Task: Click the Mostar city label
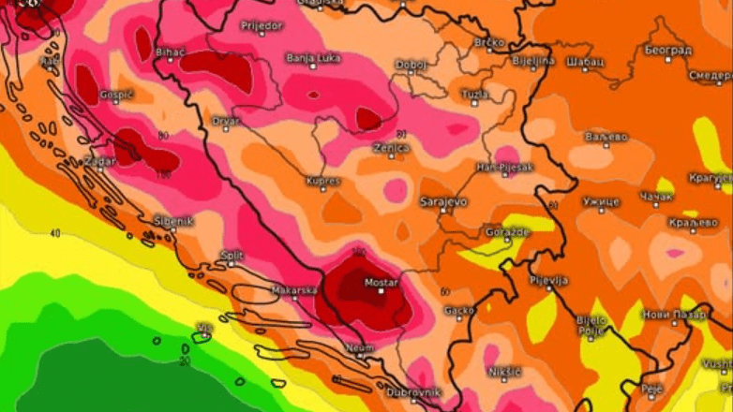point(381,282)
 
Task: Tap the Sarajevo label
point(442,201)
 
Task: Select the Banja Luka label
point(313,58)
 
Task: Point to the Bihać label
point(171,51)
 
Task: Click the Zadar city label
point(98,161)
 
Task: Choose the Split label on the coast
point(232,255)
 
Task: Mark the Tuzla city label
point(475,94)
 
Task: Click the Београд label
point(668,49)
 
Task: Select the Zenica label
point(391,148)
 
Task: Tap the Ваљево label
point(606,137)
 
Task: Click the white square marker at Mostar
point(381,292)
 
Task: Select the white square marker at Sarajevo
point(443,212)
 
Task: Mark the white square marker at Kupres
point(323,190)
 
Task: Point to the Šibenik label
point(173,221)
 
